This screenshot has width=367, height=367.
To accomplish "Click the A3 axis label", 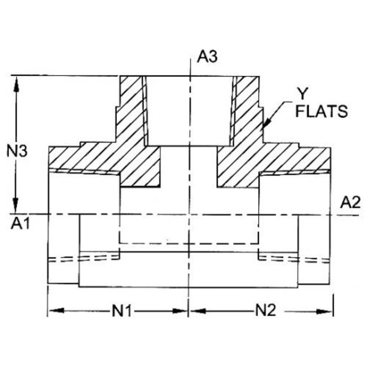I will click(207, 57).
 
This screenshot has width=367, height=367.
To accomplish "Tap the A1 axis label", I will click(21, 224).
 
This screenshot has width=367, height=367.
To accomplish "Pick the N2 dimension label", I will click(265, 311).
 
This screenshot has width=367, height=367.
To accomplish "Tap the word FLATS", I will click(321, 111).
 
